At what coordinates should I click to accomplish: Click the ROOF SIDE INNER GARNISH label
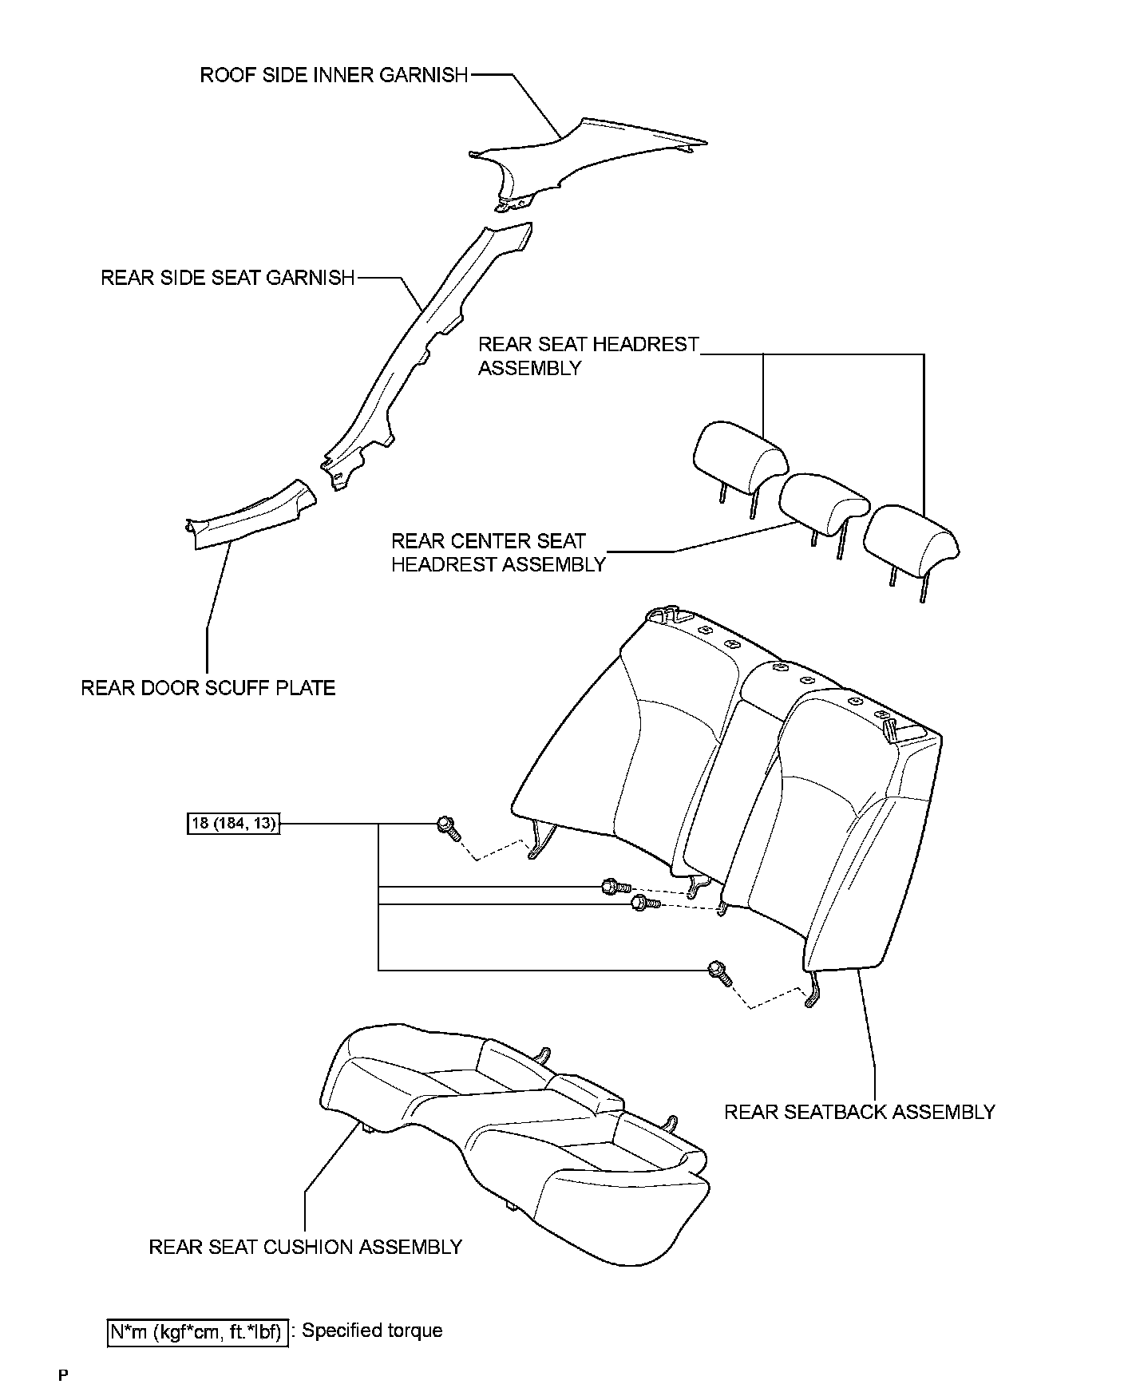click(x=334, y=75)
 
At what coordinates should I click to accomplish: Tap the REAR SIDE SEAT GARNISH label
click(x=228, y=278)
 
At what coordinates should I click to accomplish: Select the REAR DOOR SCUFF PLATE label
click(x=208, y=687)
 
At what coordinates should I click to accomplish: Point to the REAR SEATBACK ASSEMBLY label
click(x=859, y=1112)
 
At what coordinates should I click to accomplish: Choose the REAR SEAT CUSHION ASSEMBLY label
click(x=305, y=1247)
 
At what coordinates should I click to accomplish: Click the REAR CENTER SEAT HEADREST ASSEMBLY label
click(x=497, y=552)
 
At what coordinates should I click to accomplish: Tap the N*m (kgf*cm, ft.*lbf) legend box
click(x=196, y=1331)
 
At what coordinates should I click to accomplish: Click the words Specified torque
click(x=372, y=1331)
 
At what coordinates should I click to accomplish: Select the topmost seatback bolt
click(x=447, y=828)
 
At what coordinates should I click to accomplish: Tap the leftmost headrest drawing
click(x=738, y=455)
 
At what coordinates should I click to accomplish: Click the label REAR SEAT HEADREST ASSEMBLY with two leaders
click(x=588, y=356)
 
